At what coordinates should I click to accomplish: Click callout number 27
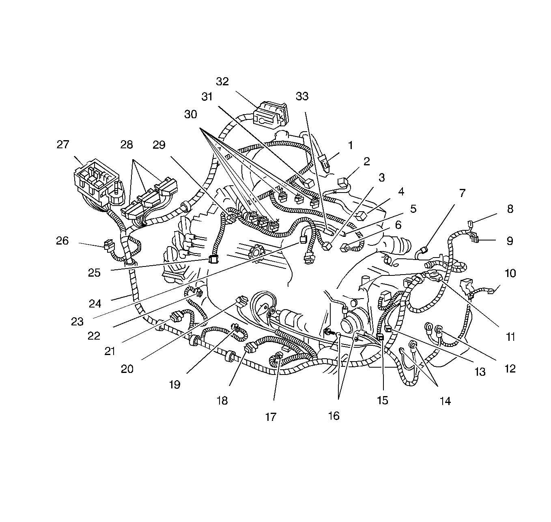pos(63,145)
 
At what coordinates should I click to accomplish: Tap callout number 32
pos(222,81)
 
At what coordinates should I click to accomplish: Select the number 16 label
pos(334,416)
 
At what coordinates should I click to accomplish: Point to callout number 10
pos(510,273)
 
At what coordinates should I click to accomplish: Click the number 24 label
pos(95,303)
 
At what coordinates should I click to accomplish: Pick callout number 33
pos(302,96)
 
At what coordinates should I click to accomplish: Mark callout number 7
pos(462,193)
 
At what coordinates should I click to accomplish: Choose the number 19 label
pos(174,384)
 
